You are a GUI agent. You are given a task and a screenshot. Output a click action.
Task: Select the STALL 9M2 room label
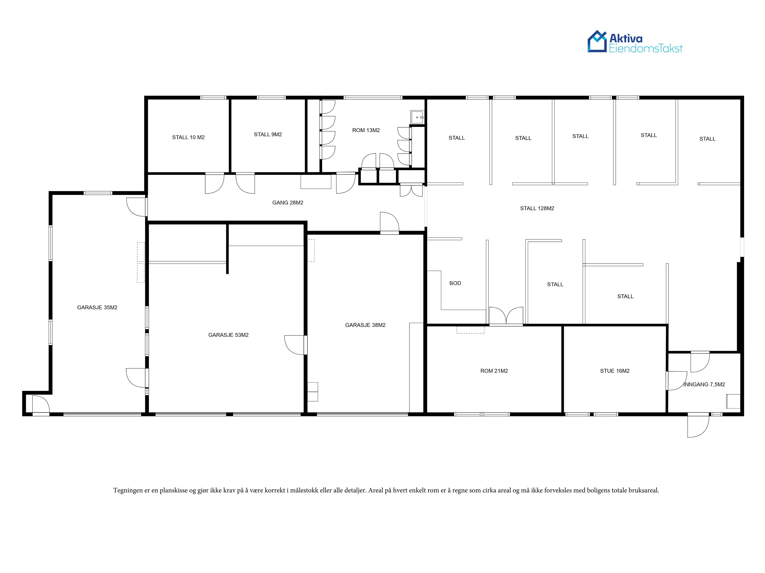point(268,134)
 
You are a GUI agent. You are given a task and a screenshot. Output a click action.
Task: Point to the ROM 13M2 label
point(366,130)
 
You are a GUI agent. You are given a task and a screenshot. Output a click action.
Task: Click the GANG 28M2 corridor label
point(288,203)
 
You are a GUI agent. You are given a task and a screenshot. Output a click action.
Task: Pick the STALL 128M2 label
point(537,208)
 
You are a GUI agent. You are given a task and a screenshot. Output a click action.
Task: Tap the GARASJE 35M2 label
point(97,307)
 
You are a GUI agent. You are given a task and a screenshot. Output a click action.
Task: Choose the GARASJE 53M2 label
point(228,335)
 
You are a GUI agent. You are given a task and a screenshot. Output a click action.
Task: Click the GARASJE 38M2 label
point(365,325)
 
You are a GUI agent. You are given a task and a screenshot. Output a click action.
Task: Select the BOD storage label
point(455,283)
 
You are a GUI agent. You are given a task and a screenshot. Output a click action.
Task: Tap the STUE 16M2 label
point(615,371)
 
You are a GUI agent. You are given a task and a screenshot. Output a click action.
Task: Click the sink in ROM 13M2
point(417,117)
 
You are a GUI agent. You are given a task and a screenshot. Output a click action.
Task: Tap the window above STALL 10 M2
point(213,98)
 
